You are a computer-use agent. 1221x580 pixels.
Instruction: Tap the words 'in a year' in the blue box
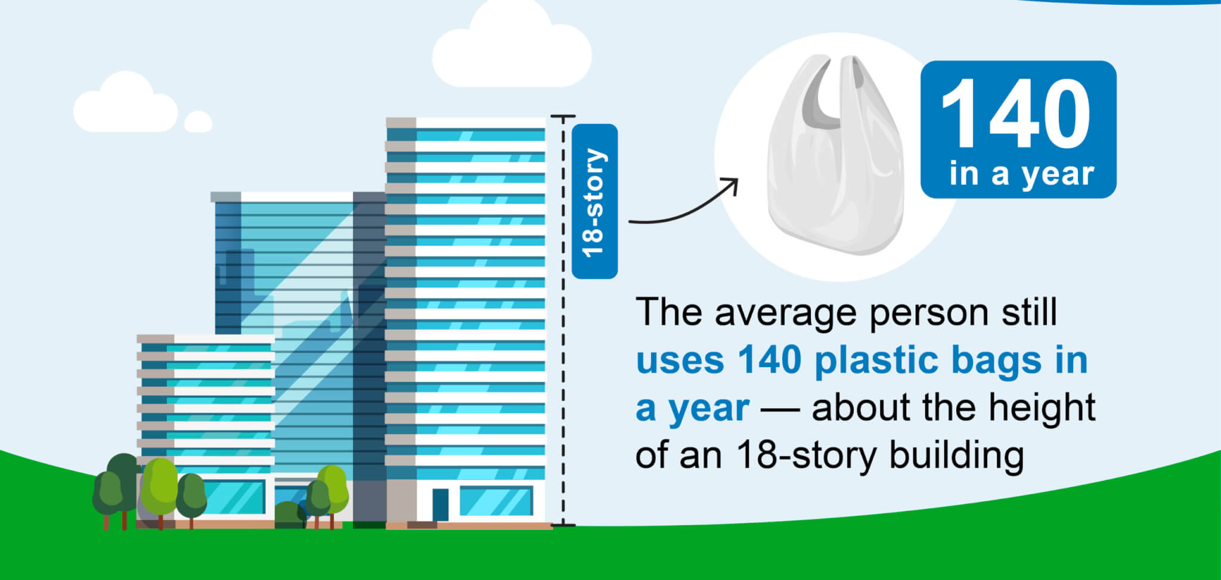(1021, 173)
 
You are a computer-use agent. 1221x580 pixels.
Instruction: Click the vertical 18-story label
(594, 201)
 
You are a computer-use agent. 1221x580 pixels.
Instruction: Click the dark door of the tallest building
(440, 504)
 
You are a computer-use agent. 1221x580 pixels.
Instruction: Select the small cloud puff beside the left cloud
(198, 122)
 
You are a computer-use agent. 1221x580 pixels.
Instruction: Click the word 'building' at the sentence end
(956, 456)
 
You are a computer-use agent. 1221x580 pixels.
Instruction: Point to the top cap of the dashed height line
(563, 116)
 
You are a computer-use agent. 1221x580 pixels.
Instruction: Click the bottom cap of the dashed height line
(563, 525)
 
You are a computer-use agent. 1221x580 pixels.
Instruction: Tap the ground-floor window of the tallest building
(495, 501)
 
